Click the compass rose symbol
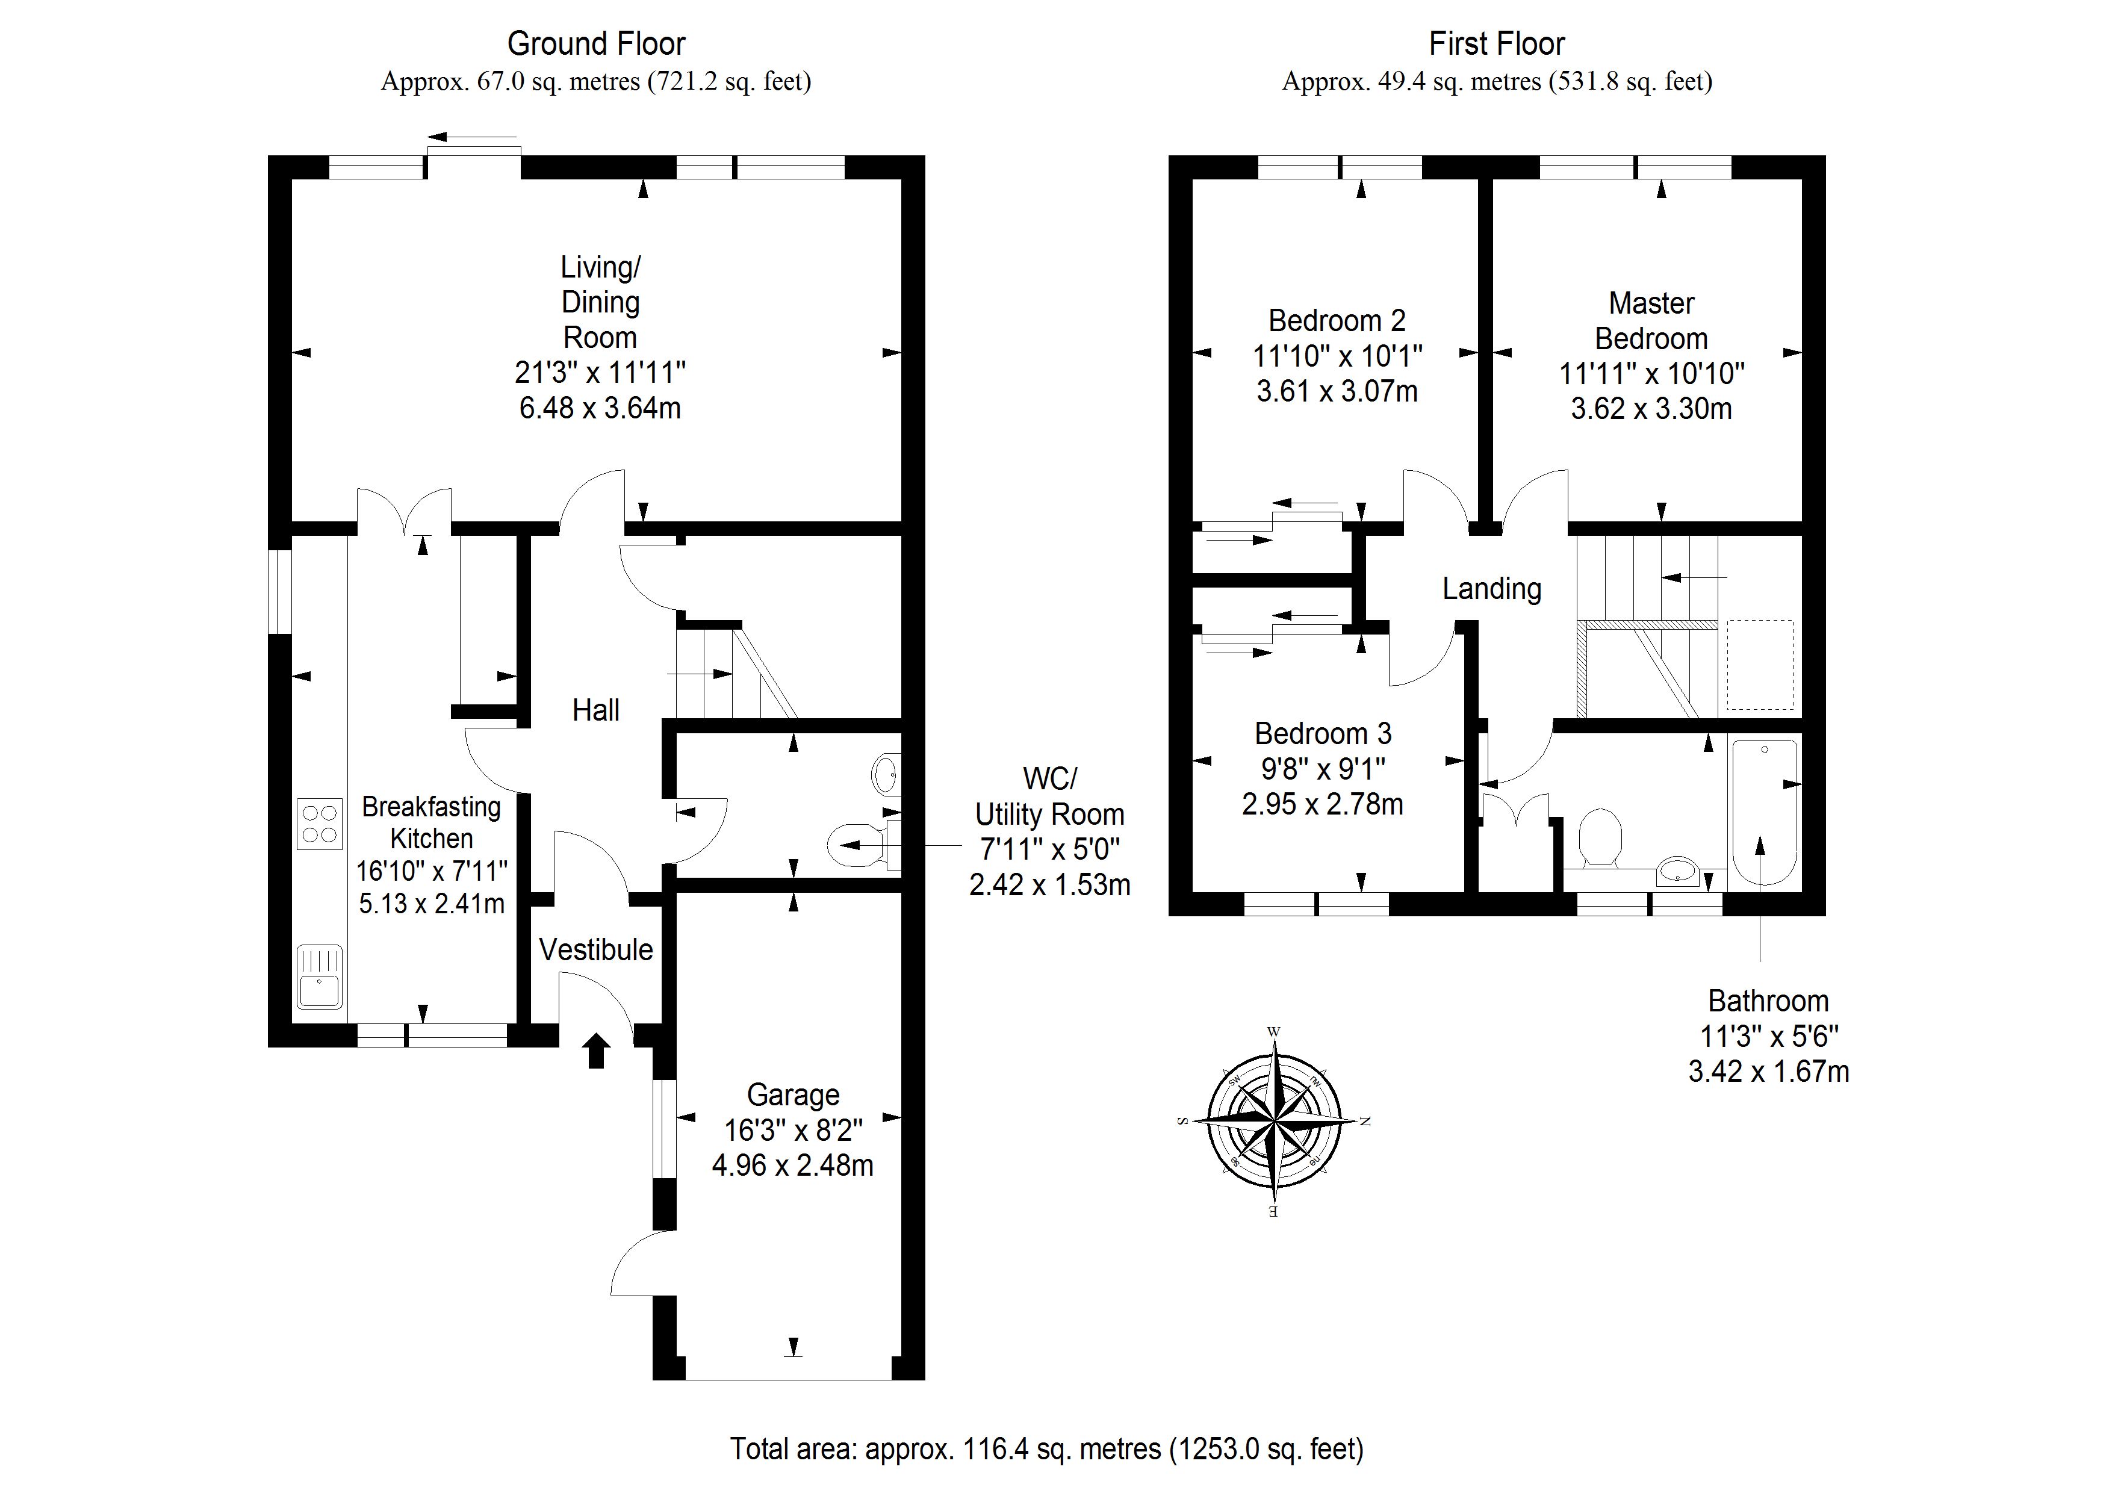[1274, 1122]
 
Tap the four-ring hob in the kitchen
[319, 824]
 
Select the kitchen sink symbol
[319, 977]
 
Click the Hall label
[595, 710]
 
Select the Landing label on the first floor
[1491, 589]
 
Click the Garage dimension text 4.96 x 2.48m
[792, 1166]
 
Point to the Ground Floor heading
[596, 43]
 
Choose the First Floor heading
[1497, 43]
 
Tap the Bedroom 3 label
[1323, 733]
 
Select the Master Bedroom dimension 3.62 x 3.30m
[1651, 408]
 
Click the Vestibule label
[596, 949]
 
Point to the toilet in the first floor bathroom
[1601, 837]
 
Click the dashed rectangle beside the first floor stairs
[1760, 665]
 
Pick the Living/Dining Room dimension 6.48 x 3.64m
[600, 408]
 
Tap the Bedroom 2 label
[1337, 320]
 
